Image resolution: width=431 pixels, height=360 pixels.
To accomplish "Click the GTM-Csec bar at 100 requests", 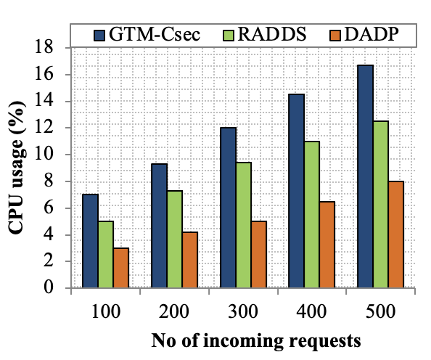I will coord(90,241).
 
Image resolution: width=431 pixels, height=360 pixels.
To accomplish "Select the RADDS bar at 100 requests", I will coord(106,254).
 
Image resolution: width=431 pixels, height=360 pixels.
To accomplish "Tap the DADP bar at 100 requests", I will coord(121,268).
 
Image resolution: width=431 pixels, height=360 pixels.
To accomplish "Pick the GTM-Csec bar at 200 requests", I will coord(160,226).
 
